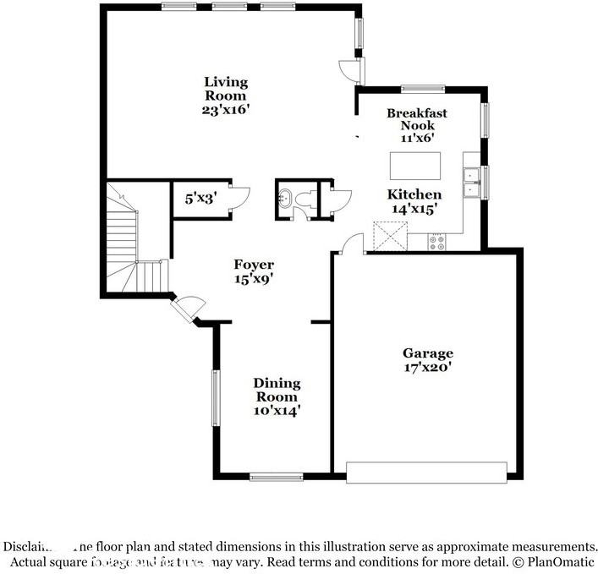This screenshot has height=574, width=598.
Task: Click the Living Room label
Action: click(226, 88)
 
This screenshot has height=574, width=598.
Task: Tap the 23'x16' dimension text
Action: click(226, 109)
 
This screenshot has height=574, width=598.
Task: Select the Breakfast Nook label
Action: click(416, 119)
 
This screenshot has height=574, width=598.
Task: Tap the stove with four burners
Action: click(437, 243)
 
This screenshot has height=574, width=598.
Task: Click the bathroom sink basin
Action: click(285, 200)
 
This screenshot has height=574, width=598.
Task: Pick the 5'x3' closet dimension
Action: click(201, 200)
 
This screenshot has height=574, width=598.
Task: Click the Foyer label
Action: click(254, 265)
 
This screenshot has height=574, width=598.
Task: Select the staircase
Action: click(131, 241)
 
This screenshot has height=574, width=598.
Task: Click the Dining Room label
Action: click(277, 390)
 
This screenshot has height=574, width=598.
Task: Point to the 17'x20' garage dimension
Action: click(428, 367)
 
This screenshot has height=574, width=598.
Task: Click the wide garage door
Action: click(426, 472)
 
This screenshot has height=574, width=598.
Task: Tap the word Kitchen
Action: click(414, 194)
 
